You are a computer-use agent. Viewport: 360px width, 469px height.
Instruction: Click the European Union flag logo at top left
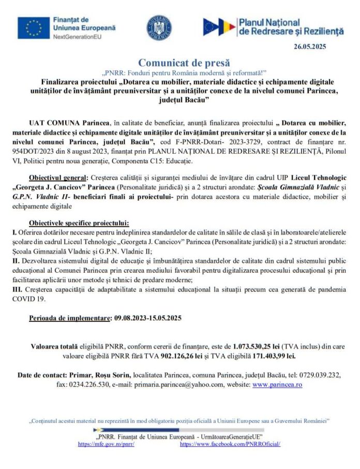pyautogui.click(x=33, y=27)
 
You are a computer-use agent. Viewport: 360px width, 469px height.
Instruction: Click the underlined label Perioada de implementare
pyautogui.click(x=70, y=317)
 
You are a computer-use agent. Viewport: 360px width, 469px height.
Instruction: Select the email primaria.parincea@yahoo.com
pyautogui.click(x=178, y=384)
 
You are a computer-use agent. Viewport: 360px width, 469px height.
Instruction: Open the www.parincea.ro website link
pyautogui.click(x=277, y=384)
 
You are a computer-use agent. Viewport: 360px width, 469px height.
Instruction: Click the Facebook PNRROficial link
pyautogui.click(x=230, y=444)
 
